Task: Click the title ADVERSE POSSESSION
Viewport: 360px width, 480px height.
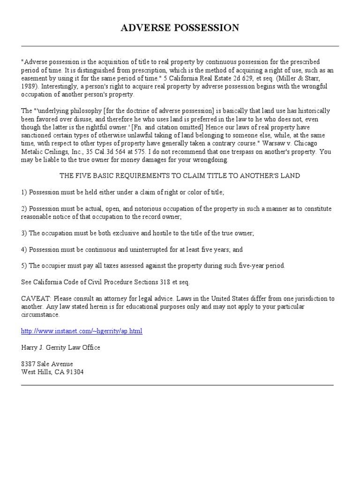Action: pyautogui.click(x=180, y=28)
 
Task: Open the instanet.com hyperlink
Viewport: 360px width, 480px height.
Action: pyautogui.click(x=82, y=331)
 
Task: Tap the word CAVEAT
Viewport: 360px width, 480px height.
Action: pyautogui.click(x=33, y=299)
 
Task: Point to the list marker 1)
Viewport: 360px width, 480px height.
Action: pyautogui.click(x=24, y=192)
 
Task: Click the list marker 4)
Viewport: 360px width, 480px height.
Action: pyautogui.click(x=24, y=249)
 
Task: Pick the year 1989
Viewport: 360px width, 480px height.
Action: pyautogui.click(x=29, y=86)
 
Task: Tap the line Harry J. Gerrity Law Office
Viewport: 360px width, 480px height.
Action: pyautogui.click(x=60, y=347)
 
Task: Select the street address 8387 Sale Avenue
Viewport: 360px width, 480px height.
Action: pyautogui.click(x=47, y=364)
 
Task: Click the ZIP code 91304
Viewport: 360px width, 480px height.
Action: pyautogui.click(x=75, y=372)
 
